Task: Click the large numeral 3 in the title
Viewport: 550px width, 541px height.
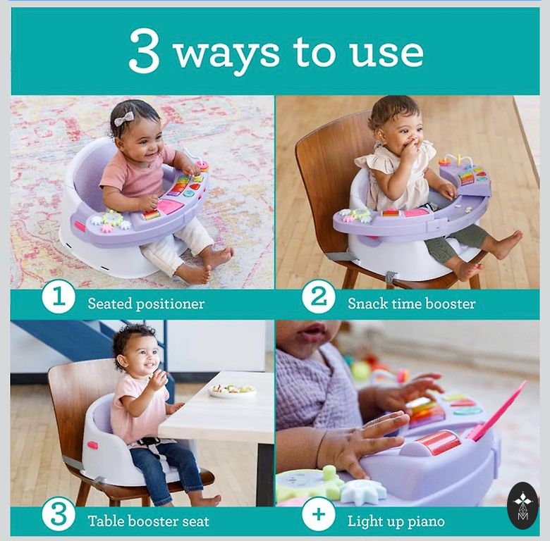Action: coord(145,51)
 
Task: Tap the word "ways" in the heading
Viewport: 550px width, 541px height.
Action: coord(227,54)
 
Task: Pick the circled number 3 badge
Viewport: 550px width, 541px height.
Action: coord(59,516)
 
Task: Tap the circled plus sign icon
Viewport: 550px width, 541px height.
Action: coord(318,516)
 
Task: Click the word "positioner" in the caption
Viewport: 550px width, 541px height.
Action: coord(170,304)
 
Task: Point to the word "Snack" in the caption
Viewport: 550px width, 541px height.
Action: coord(367,304)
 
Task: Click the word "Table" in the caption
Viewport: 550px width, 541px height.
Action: coord(106,521)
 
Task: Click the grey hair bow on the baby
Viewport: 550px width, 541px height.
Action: coord(124,118)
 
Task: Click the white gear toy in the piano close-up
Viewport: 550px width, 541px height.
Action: coord(362,490)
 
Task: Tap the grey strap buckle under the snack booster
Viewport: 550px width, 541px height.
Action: coord(390,278)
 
